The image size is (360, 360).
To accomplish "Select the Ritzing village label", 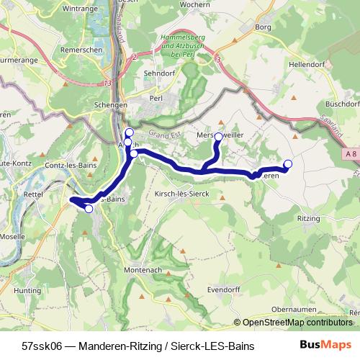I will [x=308, y=216].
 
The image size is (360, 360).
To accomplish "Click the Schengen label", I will [x=110, y=104].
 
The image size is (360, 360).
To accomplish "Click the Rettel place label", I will [x=33, y=194].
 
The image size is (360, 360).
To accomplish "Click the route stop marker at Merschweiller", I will [x=218, y=135].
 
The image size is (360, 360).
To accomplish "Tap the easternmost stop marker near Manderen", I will [x=288, y=163].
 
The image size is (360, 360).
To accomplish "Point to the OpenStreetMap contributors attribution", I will [x=297, y=323].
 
